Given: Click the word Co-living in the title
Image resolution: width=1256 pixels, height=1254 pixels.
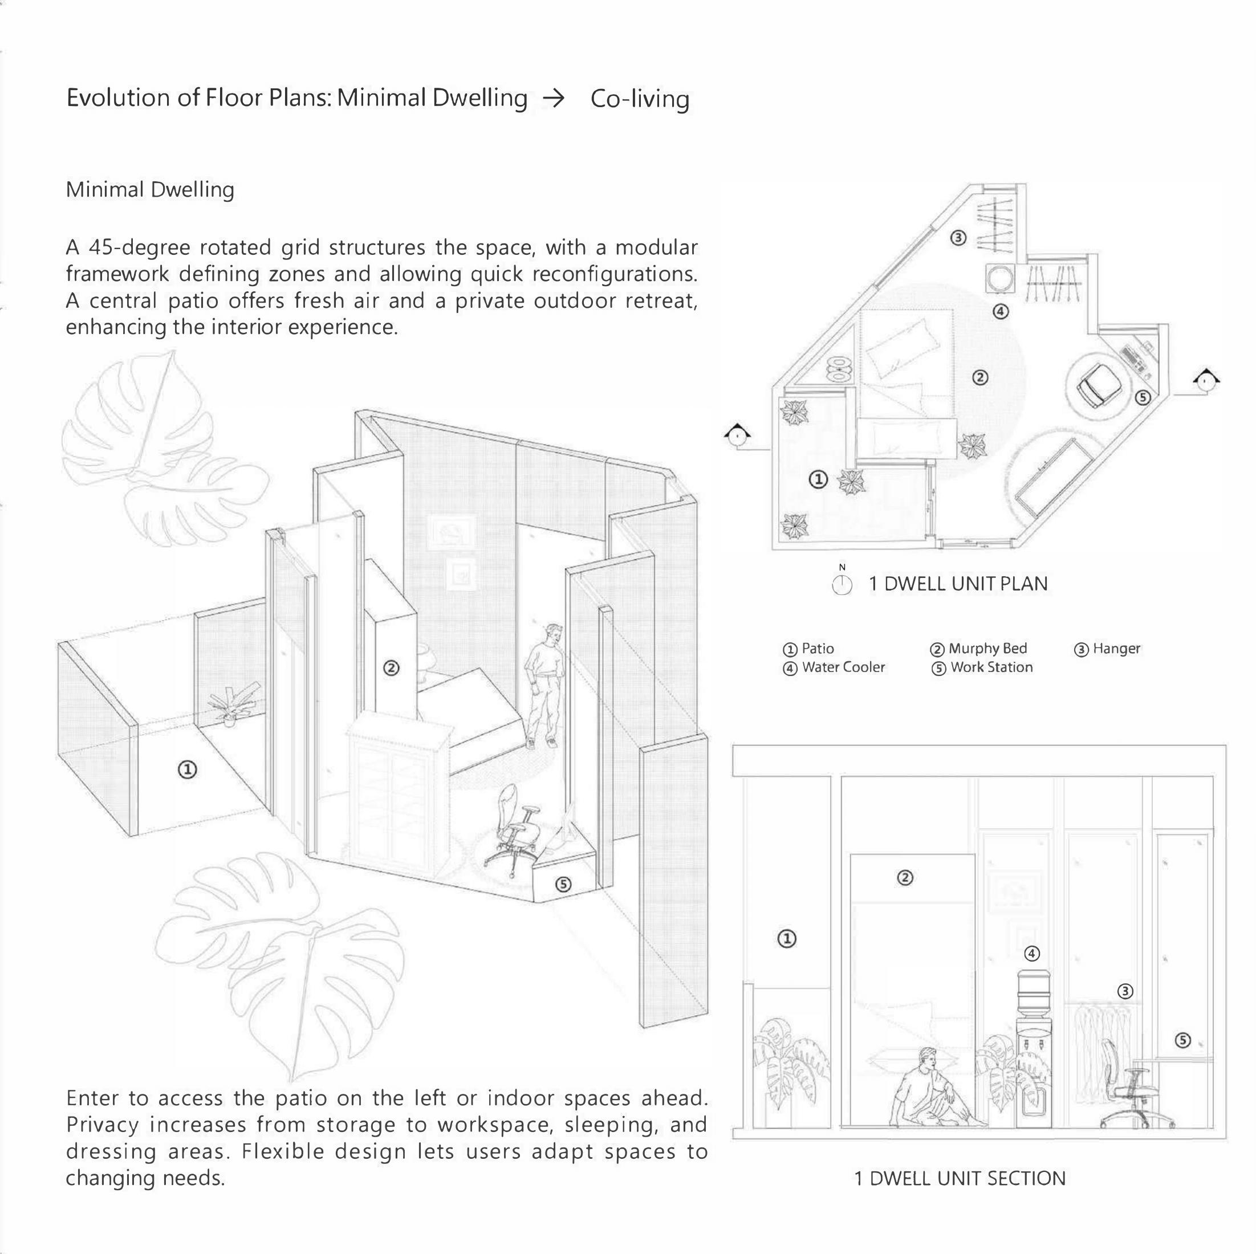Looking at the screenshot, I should [640, 99].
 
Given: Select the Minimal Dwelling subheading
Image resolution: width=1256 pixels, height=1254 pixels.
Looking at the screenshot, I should [150, 190].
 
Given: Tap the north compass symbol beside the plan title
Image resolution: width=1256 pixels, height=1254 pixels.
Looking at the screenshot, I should [842, 584].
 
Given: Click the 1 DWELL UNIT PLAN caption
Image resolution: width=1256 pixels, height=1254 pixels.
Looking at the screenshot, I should [958, 584].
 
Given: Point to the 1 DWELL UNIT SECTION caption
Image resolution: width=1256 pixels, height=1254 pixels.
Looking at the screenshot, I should [960, 1179].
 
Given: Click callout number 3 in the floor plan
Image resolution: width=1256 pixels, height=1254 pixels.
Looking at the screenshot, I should [958, 238].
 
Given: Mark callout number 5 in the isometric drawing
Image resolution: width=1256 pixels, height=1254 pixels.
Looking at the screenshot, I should [564, 885].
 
